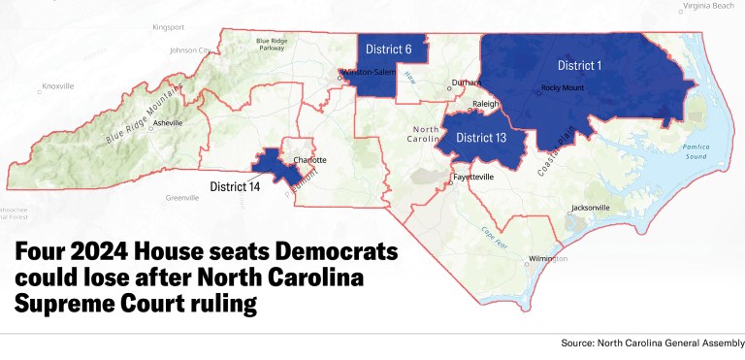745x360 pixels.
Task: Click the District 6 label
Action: click(388, 49)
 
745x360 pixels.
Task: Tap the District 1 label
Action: click(580, 65)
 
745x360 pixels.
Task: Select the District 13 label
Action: click(481, 138)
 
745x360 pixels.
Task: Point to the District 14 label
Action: click(235, 185)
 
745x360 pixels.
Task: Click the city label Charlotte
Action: click(309, 159)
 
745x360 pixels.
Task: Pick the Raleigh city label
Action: click(485, 104)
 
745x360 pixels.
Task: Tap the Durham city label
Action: click(467, 83)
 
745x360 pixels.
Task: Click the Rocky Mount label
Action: click(563, 89)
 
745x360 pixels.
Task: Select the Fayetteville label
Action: click(474, 179)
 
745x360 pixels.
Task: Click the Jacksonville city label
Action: click(591, 208)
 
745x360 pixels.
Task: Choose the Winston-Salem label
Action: click(372, 71)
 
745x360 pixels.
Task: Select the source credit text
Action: click(652, 344)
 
